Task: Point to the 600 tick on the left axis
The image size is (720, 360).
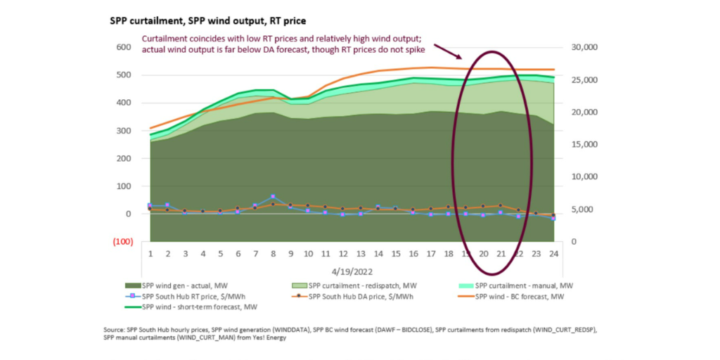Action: (123, 47)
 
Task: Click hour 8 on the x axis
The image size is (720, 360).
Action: (273, 255)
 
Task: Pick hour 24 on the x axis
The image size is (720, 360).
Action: (553, 255)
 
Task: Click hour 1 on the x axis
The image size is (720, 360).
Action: (150, 255)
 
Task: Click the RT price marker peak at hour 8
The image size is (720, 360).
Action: (273, 197)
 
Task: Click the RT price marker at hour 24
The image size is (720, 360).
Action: (553, 219)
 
